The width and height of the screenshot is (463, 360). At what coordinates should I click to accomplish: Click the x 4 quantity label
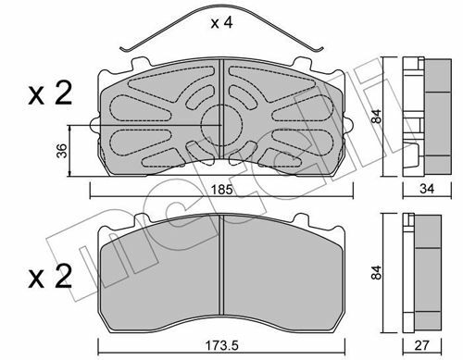(221, 23)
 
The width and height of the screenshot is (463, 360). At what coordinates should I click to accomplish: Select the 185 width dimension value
(221, 190)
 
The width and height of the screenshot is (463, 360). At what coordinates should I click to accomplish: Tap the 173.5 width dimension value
(221, 346)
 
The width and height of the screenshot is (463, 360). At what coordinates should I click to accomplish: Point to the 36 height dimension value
(63, 151)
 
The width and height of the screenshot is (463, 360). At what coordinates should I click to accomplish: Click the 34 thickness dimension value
(427, 189)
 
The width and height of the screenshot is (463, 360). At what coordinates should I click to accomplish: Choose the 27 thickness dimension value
(421, 345)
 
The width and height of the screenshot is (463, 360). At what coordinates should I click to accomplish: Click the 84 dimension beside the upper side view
(377, 117)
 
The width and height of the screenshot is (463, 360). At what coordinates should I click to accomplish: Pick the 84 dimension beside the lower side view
(377, 273)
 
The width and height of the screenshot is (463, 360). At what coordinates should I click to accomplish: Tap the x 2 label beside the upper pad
(50, 93)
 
